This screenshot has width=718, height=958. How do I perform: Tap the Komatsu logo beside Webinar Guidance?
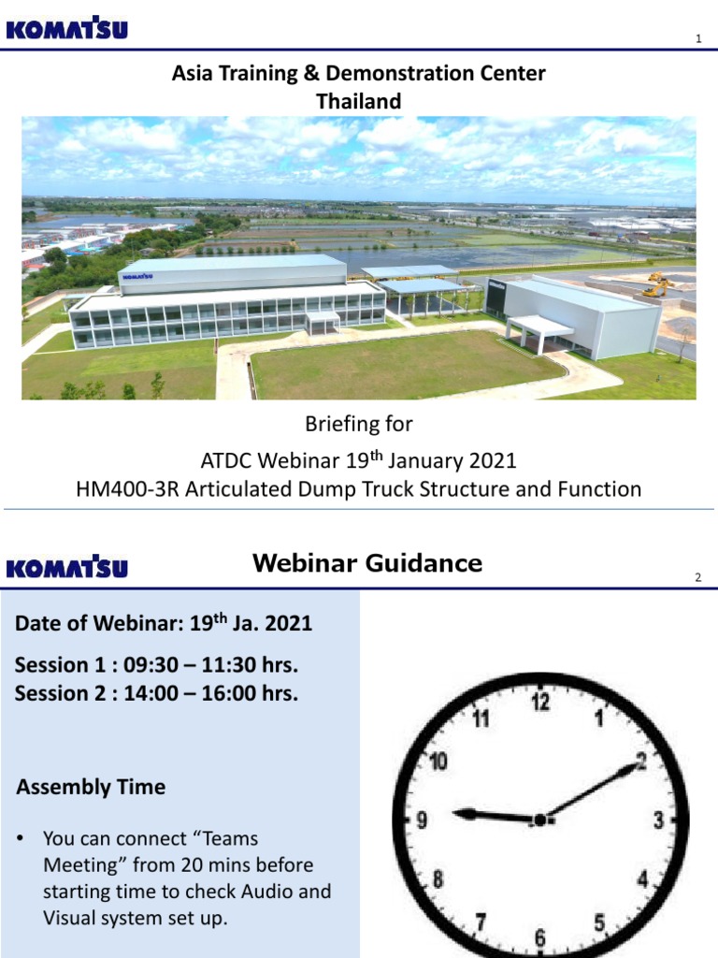(66, 568)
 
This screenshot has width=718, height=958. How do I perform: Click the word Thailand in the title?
(359, 101)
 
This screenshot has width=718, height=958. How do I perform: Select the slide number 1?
(697, 38)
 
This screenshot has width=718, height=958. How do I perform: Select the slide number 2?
(697, 577)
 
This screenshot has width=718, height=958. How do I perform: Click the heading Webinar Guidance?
(367, 563)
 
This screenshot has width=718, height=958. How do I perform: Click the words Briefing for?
(359, 424)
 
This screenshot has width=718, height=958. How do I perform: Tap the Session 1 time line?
(156, 665)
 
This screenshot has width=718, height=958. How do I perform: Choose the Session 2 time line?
(156, 693)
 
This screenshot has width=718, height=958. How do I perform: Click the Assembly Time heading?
(91, 787)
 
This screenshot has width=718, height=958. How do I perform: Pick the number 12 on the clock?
(540, 702)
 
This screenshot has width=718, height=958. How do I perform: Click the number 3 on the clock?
(658, 820)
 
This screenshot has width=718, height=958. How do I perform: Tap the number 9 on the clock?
(423, 820)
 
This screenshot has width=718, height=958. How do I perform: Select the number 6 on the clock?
(540, 936)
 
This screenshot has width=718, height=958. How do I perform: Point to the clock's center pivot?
(539, 820)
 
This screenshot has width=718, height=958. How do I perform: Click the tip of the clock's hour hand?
(456, 812)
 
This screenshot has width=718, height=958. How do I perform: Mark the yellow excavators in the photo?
(657, 284)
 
